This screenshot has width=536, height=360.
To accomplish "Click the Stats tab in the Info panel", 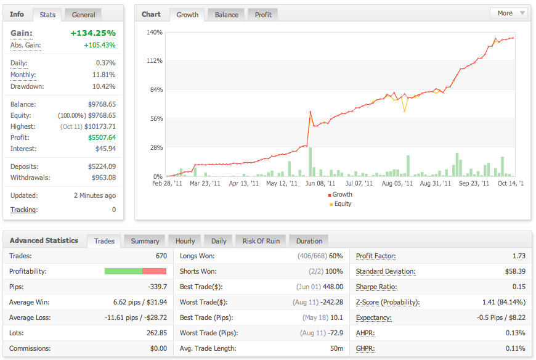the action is pos(47,15).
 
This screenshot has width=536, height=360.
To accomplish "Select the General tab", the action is pos(83,15).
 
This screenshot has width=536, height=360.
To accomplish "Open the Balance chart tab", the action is pos(226,15).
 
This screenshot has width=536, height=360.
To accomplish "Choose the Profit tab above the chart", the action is pos(263,15).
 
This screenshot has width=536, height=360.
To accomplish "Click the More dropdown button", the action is pos(509,14).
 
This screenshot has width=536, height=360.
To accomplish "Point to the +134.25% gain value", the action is pos(93,33).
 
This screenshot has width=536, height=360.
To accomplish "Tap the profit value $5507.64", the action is pos(102,137).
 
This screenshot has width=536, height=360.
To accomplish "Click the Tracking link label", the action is pos(23,210).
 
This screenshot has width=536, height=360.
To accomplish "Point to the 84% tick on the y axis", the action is pos(156,89).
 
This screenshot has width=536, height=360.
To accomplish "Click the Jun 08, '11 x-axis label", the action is pos(320,183).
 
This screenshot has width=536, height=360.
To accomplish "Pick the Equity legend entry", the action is pos(341,204).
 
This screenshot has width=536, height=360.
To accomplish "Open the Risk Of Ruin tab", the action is pos(261,241).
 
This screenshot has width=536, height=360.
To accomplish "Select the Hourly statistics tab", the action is pos(185,241).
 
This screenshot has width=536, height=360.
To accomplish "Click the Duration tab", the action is pos(309,241).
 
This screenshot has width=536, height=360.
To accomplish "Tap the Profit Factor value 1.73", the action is pos(519,256).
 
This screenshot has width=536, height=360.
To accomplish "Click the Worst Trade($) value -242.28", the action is pos(331,302).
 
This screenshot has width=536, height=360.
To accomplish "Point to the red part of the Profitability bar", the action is pos(154,271).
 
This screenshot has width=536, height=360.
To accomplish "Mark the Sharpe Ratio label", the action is pos(376,287).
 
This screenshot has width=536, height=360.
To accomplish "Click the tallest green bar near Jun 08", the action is pos(311,162).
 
